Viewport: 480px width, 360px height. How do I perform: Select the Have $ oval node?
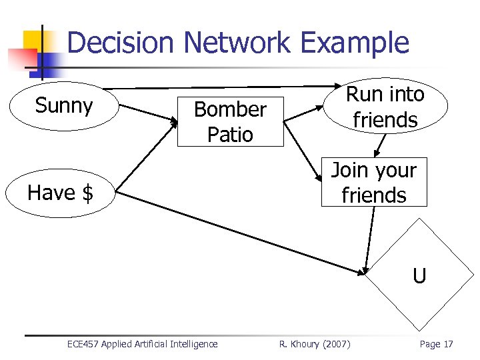61,193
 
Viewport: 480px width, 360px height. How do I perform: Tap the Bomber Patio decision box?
230,121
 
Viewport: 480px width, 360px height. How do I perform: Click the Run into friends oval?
385,107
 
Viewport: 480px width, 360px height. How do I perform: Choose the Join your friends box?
373,183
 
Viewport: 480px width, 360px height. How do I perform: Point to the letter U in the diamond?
419,276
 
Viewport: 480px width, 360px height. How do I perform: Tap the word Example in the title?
354,43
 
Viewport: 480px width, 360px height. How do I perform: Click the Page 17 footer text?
436,344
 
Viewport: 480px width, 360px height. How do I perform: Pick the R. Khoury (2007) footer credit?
314,344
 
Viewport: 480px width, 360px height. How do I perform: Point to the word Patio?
230,134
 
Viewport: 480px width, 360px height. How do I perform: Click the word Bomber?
230,109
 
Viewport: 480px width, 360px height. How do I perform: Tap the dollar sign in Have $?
87,193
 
